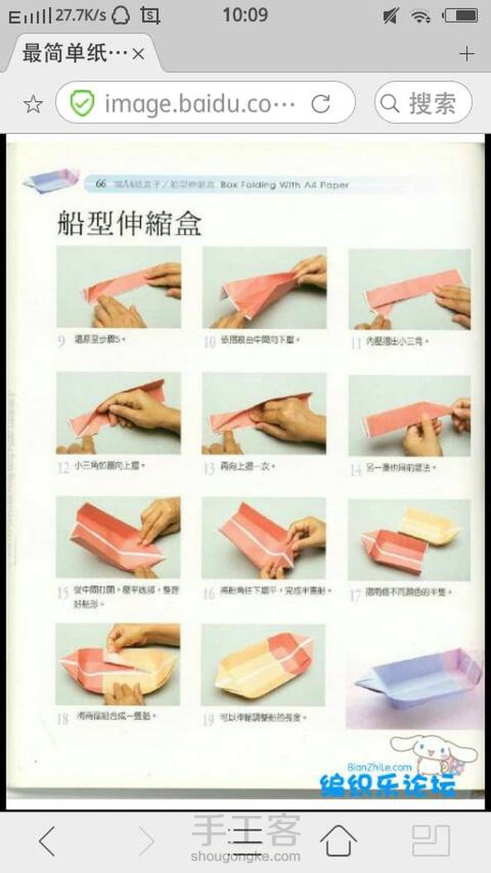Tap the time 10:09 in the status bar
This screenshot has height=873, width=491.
(x=245, y=15)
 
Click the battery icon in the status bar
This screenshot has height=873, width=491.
(x=460, y=16)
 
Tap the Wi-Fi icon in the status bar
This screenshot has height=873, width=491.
(x=421, y=16)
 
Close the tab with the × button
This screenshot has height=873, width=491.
(x=138, y=54)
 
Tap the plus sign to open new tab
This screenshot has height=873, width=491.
(x=467, y=54)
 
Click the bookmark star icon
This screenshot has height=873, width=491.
(x=32, y=103)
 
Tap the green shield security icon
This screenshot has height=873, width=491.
(x=81, y=103)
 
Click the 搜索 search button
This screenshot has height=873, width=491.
(x=423, y=103)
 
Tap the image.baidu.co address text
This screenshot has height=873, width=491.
(x=200, y=103)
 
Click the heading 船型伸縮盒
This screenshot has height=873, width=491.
(x=129, y=224)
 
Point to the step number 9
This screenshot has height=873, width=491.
(x=61, y=340)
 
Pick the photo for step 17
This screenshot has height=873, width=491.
(x=409, y=539)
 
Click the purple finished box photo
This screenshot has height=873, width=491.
(x=417, y=678)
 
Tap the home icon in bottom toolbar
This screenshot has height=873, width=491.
(x=338, y=840)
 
